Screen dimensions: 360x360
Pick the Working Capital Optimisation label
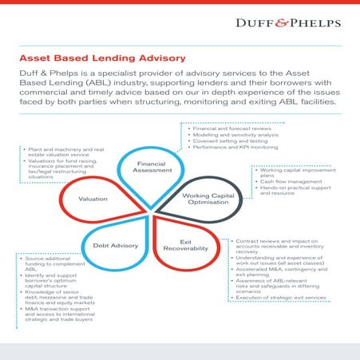[x=208, y=200]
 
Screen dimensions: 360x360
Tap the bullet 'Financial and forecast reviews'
[x=226, y=128]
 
